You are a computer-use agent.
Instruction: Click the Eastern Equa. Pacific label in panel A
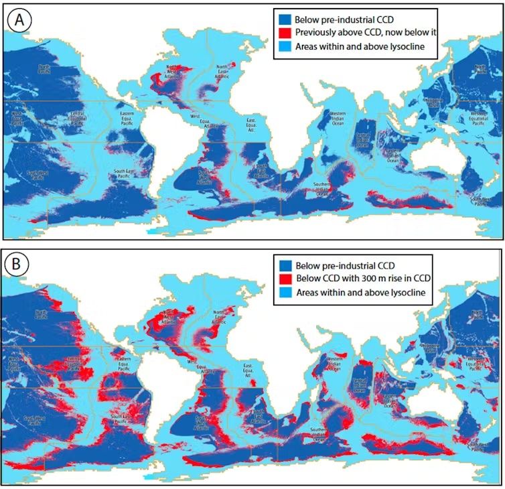[x=127, y=109]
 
